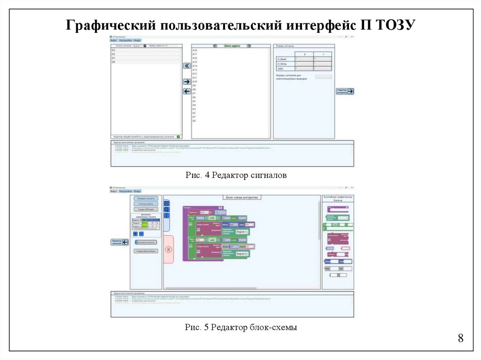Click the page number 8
(x=460, y=338)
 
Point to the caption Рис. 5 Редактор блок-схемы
(x=240, y=327)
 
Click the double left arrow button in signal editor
(x=186, y=66)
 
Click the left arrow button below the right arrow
(x=186, y=91)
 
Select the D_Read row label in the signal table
(x=282, y=60)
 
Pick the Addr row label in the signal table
(x=281, y=69)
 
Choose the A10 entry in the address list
(x=194, y=82)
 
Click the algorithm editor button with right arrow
(x=345, y=91)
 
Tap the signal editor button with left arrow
(x=120, y=242)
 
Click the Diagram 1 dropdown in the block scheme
(x=242, y=232)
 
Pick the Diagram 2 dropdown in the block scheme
(x=242, y=253)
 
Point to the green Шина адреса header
(x=232, y=46)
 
